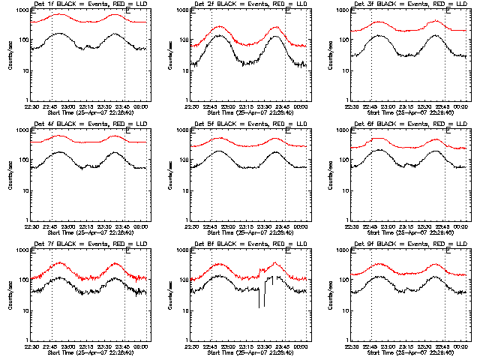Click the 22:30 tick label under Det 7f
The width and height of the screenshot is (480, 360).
[31, 346]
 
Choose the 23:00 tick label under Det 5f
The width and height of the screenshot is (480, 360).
[229, 226]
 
